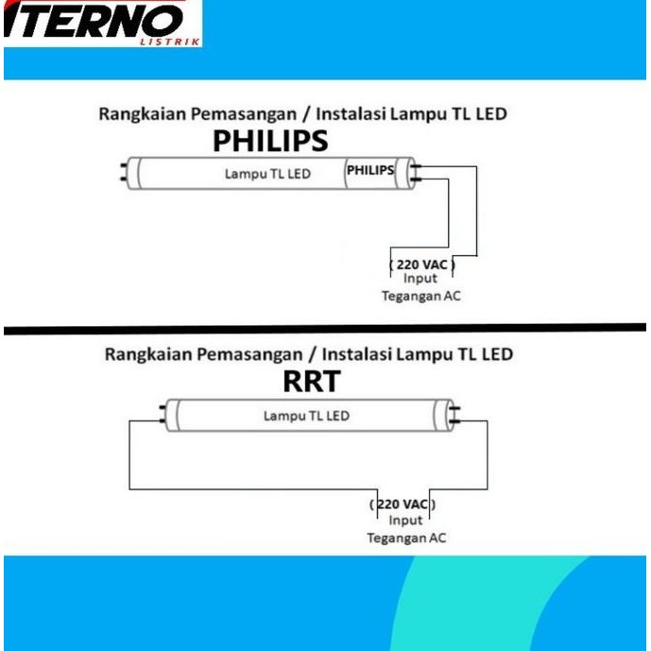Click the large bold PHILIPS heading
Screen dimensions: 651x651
pos(270,141)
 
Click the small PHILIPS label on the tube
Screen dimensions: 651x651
pos(371,171)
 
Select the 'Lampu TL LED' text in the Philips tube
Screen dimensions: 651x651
pos(267,174)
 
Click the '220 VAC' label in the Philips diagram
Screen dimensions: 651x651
pos(421,265)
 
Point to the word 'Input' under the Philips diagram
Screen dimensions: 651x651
pos(420,280)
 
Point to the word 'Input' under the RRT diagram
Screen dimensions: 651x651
pos(406,521)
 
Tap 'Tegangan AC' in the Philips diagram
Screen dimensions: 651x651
pos(420,296)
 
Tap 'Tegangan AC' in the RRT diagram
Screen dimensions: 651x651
pos(406,538)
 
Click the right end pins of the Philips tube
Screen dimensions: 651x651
pos(417,173)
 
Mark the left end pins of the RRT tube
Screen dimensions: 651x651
pos(162,414)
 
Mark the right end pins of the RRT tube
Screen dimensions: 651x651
pos(454,414)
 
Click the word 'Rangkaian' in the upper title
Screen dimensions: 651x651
pos(135,114)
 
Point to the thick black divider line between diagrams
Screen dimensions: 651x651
pos(325,328)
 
